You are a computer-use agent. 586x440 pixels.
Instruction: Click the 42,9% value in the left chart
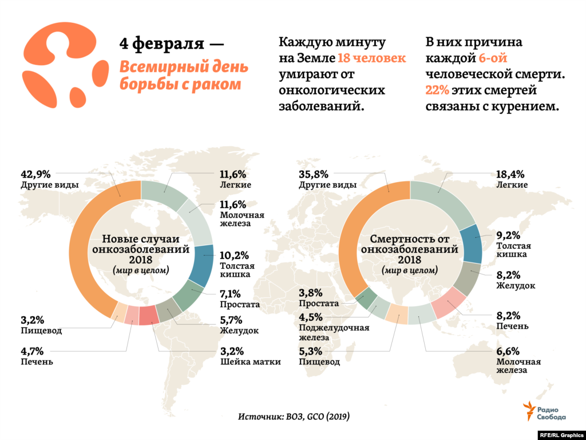pos(36,174)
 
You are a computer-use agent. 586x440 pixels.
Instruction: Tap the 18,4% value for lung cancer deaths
pos(510,174)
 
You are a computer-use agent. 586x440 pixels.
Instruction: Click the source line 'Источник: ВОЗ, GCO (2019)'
pos(294,416)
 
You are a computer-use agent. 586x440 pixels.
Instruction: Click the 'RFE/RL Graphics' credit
pos(561,435)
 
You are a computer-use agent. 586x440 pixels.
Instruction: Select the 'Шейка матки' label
pos(250,362)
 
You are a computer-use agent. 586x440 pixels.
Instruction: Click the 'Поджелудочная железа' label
pos(334,332)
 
